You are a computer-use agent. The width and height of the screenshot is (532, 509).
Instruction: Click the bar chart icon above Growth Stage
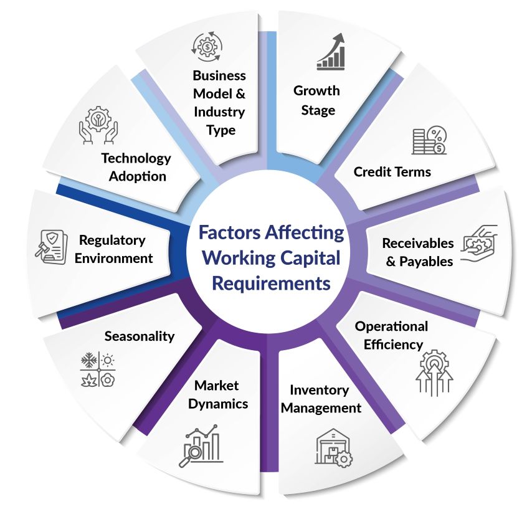click(331, 52)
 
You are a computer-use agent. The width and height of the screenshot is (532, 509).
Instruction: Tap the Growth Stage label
click(316, 100)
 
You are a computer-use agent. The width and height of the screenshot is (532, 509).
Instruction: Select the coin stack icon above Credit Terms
click(429, 141)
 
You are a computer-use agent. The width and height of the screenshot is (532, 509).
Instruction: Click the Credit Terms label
click(392, 171)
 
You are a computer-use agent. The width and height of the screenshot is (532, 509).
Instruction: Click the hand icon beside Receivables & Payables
click(479, 244)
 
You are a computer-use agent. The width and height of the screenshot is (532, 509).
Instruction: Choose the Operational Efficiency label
click(391, 335)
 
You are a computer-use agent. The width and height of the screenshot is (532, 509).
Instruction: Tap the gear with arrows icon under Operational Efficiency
click(434, 373)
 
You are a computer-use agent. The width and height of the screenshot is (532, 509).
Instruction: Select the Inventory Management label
click(325, 399)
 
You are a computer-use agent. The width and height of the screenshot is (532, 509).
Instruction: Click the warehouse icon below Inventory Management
click(333, 448)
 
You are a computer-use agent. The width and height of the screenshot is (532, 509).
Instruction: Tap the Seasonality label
click(140, 336)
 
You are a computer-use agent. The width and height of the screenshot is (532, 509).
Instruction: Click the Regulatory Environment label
click(113, 249)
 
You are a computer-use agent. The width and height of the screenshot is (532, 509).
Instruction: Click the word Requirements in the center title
click(270, 283)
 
